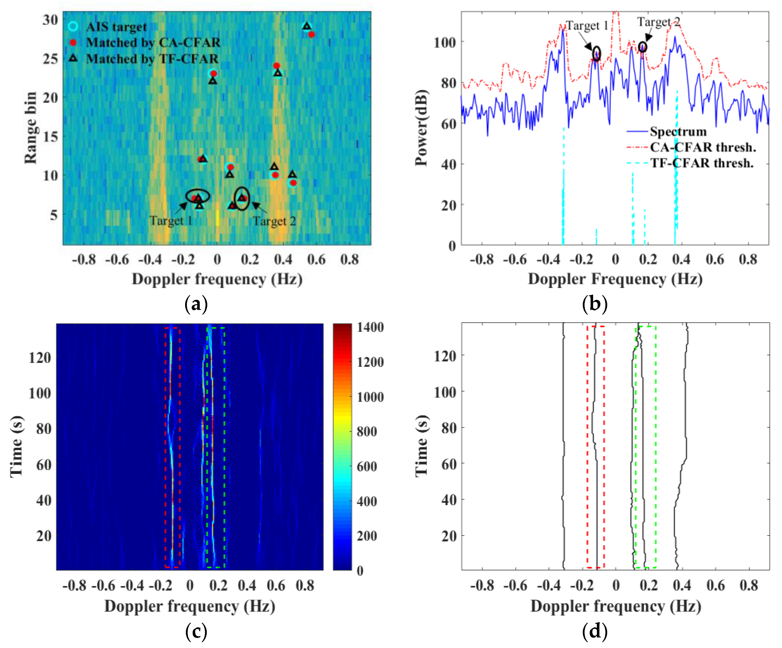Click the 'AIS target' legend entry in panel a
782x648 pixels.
pos(116,27)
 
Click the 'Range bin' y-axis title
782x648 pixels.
pos(30,128)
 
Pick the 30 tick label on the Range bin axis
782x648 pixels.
pos(50,19)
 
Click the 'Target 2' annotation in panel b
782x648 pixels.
pos(658,22)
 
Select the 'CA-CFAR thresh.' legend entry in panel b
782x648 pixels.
pos(703,147)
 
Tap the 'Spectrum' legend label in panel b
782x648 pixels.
pos(678,131)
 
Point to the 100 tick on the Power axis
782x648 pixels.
pos(445,42)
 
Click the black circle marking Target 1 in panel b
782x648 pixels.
pos(597,53)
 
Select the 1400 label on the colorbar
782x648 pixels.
pos(370,327)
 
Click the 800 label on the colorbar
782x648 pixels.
pos(367,431)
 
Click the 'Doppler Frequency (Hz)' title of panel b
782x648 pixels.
pos(615,279)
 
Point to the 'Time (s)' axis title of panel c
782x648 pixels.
pos(17,446)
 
